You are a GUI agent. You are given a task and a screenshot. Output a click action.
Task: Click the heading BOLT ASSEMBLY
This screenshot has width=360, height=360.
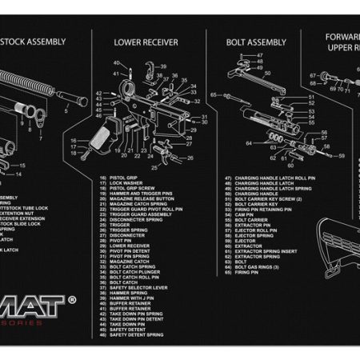pos(256,42)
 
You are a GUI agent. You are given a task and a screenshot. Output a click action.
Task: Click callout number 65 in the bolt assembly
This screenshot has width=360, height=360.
pos(214,94)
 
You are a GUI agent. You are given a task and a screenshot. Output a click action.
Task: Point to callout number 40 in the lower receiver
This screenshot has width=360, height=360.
pos(116,62)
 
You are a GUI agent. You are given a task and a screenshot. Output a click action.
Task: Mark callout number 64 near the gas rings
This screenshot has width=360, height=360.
pos(249,143)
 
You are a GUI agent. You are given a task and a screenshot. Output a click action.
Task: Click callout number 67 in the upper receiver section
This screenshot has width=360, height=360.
pos(314,78)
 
